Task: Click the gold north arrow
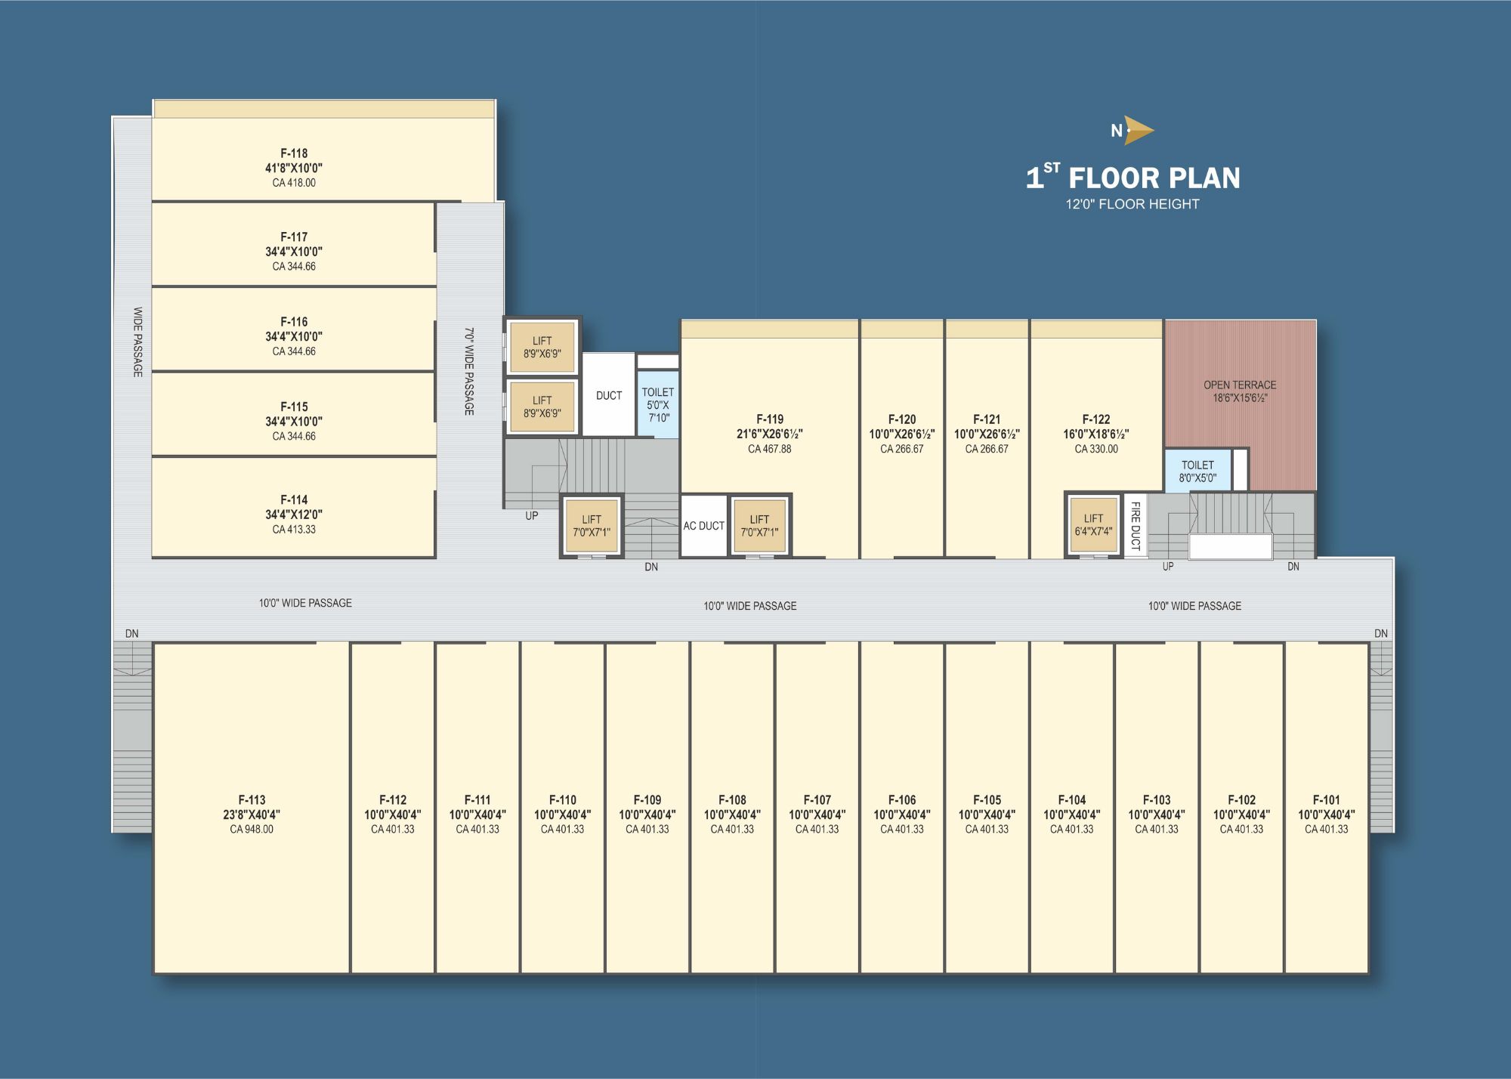tap(1139, 130)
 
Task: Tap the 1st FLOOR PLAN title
tap(1132, 177)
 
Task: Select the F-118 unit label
tap(294, 153)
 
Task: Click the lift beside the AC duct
tap(759, 526)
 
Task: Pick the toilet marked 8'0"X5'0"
tap(1197, 471)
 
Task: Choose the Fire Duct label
tap(1135, 526)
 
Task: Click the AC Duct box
tap(703, 526)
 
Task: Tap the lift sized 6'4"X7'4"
tap(1093, 524)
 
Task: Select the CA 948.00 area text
tap(252, 830)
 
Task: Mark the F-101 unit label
tap(1327, 800)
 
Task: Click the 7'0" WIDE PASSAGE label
tap(469, 371)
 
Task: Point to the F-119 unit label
tap(770, 419)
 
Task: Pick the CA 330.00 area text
tap(1096, 449)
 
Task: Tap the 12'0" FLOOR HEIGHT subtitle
tap(1132, 204)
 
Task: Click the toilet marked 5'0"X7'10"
tap(658, 404)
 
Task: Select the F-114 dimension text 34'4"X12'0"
tap(294, 515)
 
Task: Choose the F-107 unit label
tap(817, 800)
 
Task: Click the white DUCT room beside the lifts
tap(608, 394)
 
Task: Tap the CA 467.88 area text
tap(770, 449)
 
